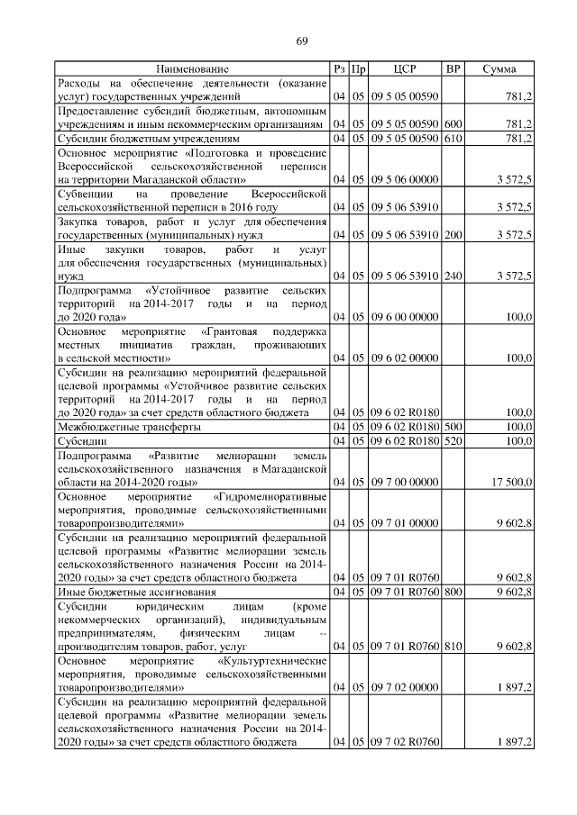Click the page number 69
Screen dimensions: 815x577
(303, 41)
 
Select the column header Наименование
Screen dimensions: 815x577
(192, 68)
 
